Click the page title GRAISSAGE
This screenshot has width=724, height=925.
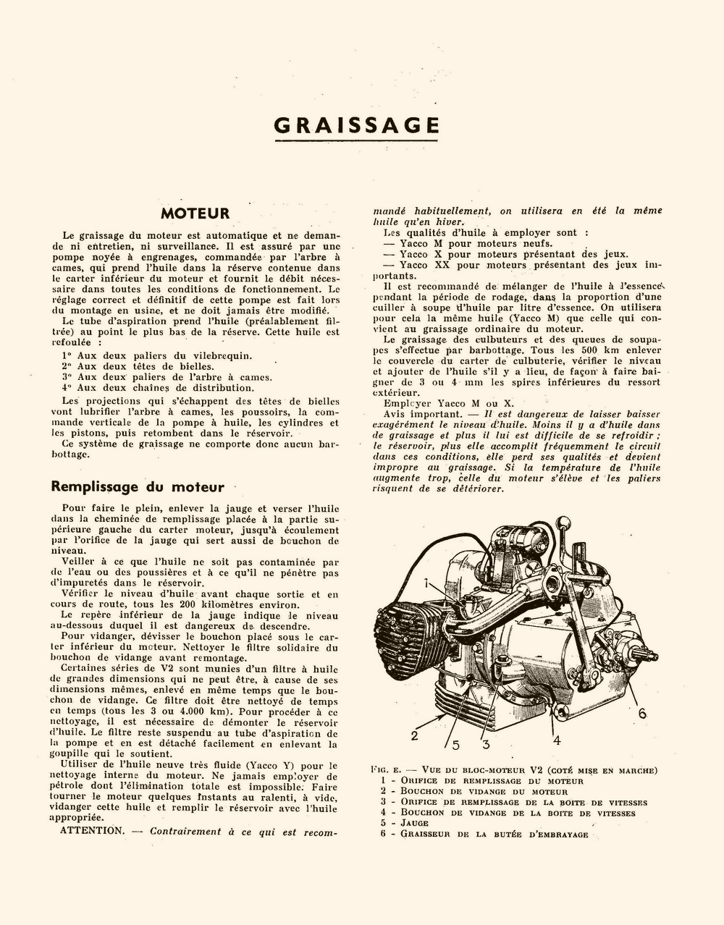tap(357, 124)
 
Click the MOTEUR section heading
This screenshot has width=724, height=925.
tap(195, 214)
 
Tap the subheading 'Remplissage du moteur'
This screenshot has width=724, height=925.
tap(138, 487)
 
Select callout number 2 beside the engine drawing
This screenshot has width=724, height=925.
tap(414, 736)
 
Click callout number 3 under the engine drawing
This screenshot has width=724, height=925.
tap(486, 743)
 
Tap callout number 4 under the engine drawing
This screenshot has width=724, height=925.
tap(557, 740)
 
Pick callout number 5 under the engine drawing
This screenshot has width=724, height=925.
tap(455, 743)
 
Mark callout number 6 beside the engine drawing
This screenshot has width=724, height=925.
tap(641, 713)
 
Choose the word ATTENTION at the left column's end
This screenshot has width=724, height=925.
tap(93, 831)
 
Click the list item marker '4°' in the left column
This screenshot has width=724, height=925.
tap(68, 387)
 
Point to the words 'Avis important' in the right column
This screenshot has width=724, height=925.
tap(412, 413)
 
